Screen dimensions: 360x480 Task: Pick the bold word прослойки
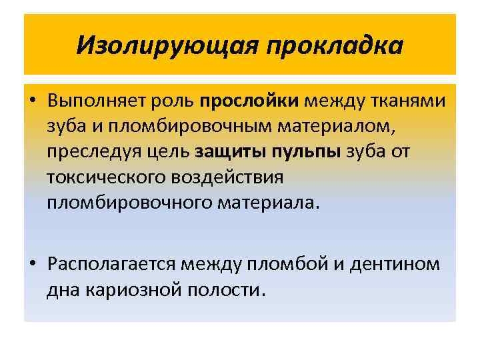(247, 101)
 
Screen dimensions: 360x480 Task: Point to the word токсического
(103, 177)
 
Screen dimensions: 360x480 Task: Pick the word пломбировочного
(129, 202)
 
